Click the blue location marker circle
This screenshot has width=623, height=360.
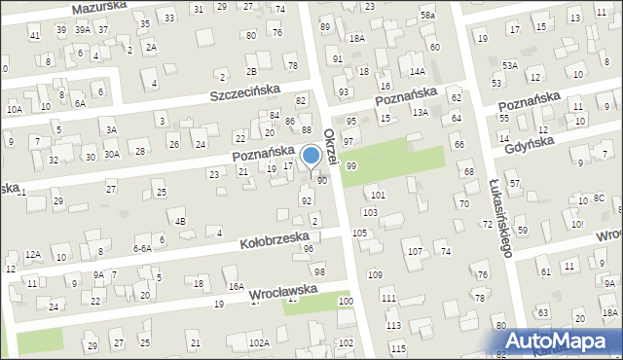pos(311,155)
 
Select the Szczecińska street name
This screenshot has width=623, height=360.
pos(245,92)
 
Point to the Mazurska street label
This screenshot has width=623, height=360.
pos(100,9)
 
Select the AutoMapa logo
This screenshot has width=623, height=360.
pos(564,342)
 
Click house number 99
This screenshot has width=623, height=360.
pos(350,166)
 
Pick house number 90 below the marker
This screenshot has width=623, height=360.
pos(321,180)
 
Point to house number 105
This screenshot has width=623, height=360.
pos(359,234)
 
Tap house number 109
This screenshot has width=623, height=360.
pos(375,275)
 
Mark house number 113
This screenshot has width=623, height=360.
pos(393,325)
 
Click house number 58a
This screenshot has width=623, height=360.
pos(428,16)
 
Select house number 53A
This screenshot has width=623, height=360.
pos(509,65)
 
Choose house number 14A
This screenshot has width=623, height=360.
pos(418,71)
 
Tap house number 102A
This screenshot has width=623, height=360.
pos(259,342)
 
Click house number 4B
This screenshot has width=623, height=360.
pos(180,221)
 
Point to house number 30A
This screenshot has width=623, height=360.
pos(112,154)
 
